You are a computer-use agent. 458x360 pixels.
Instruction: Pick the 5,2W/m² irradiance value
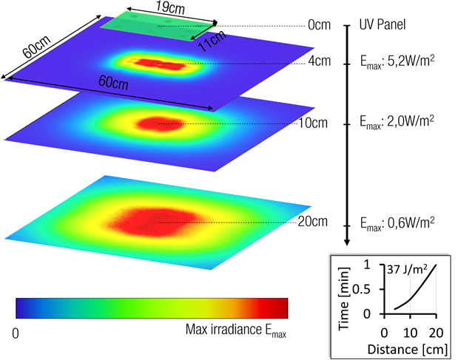pos(396,64)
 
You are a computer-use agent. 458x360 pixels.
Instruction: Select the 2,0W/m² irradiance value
pos(396,119)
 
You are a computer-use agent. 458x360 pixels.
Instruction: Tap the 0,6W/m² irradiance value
pos(396,222)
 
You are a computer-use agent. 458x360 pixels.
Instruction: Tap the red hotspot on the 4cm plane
pos(154,64)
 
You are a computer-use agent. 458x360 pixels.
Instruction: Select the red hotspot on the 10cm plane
pos(155,123)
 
